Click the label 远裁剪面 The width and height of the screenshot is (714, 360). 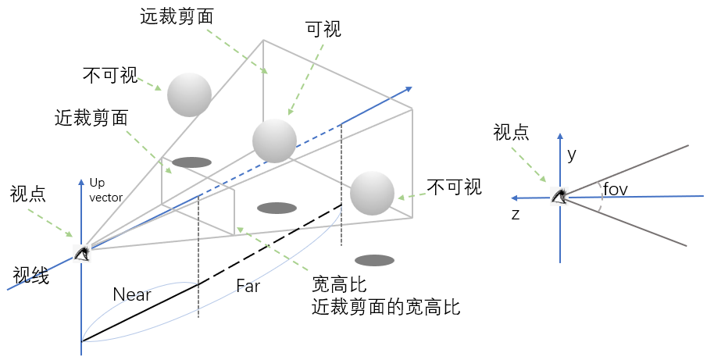tap(178, 15)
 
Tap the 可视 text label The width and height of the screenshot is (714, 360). tap(323, 30)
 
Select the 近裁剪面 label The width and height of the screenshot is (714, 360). tap(91, 118)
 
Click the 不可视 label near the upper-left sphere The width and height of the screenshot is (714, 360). tap(109, 76)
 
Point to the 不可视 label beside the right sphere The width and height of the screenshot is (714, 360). tap(455, 187)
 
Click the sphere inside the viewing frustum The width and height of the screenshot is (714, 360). tap(274, 141)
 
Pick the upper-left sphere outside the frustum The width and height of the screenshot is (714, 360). tap(189, 94)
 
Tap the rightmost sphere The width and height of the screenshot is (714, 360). tap(372, 194)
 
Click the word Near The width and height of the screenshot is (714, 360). tap(132, 294)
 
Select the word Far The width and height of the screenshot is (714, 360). tap(248, 286)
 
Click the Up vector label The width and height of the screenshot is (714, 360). tap(105, 190)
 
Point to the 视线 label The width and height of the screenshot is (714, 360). tap(31, 276)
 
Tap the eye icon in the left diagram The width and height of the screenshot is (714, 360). tap(81, 252)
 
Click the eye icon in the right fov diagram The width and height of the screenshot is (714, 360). tap(559, 195)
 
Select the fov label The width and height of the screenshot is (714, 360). tap(616, 190)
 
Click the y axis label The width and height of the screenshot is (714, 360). tap(572, 155)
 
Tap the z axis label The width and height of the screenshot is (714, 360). tap(516, 214)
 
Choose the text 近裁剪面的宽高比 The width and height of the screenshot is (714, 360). tap(386, 307)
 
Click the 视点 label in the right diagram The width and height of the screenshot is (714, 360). tap(511, 132)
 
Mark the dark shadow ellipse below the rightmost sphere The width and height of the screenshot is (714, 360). tap(374, 259)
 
